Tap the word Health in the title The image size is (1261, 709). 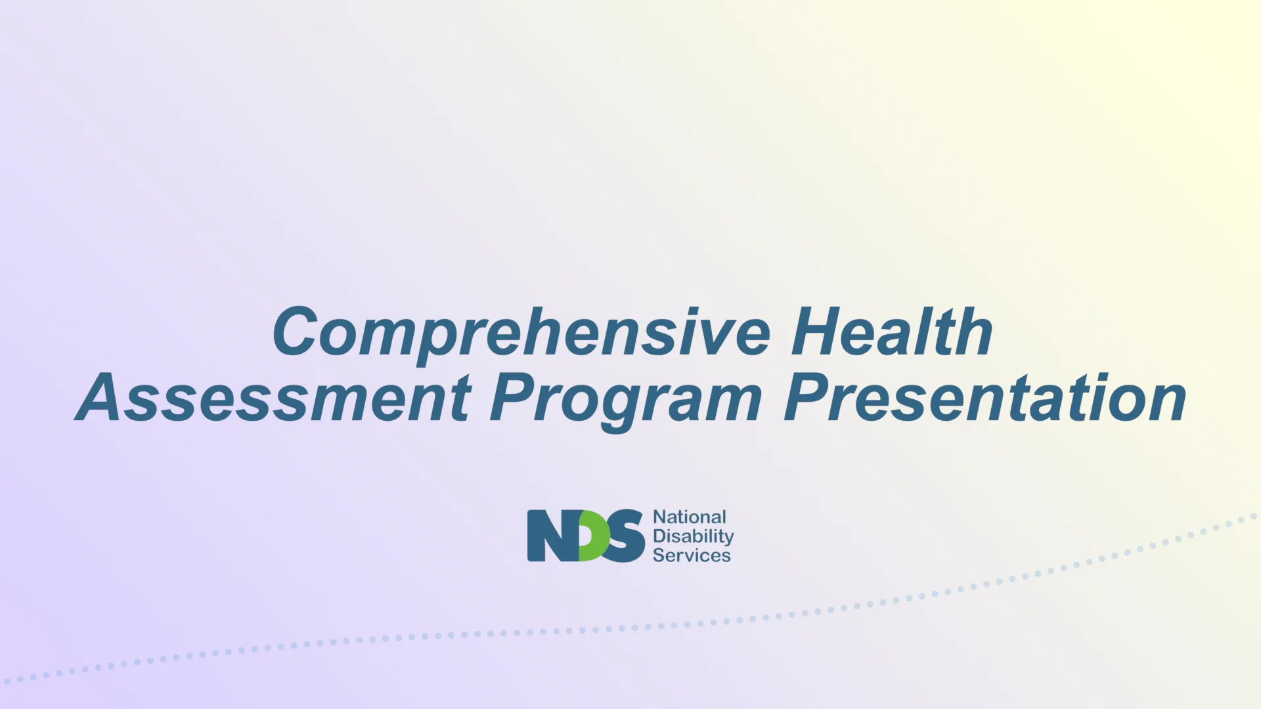point(892,333)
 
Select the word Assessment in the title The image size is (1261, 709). point(273,398)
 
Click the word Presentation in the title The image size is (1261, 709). point(985,398)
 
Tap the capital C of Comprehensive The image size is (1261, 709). point(296,332)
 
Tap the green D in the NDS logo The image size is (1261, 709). point(594,536)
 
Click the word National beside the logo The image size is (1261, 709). point(690,517)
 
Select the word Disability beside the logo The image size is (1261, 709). point(693,536)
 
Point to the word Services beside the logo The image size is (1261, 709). point(692,555)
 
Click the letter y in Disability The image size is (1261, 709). point(728,539)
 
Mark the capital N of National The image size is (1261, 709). point(659,517)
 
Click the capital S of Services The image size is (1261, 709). point(659,555)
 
